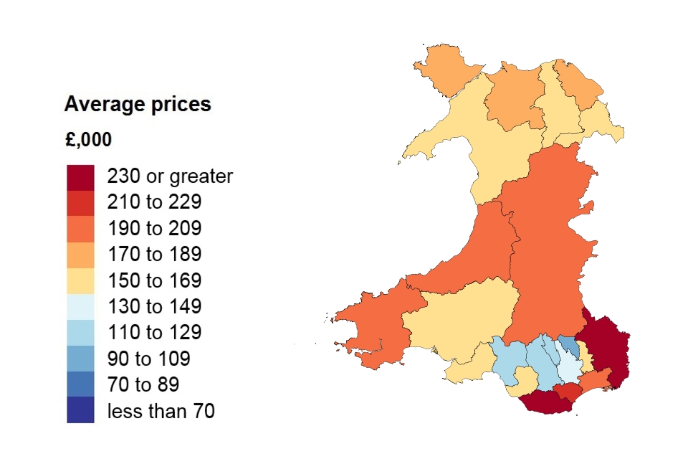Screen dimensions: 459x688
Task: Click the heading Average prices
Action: [x=138, y=105]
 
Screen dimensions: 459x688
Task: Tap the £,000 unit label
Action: [x=88, y=140]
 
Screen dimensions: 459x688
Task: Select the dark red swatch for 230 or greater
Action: [x=80, y=177]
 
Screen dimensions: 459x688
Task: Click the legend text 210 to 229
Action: [x=154, y=202]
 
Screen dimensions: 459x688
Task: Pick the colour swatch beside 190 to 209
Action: [x=80, y=229]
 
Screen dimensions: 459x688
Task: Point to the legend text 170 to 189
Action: [x=154, y=255]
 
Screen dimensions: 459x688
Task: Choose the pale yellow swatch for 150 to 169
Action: [x=80, y=280]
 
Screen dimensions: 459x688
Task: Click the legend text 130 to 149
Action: [x=154, y=307]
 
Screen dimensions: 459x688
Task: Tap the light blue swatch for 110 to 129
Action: [x=80, y=332]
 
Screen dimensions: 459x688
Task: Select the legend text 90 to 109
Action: [x=148, y=359]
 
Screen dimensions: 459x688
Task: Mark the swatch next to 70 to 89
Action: [x=80, y=384]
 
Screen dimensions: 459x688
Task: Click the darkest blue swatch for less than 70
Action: [x=80, y=410]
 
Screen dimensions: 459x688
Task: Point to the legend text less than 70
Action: [x=161, y=411]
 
